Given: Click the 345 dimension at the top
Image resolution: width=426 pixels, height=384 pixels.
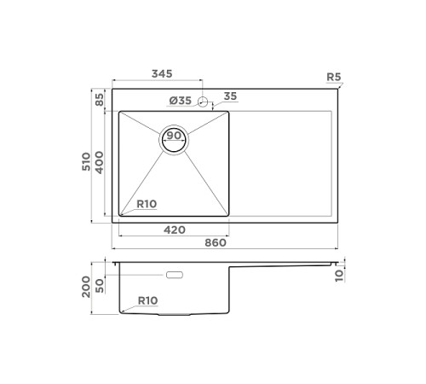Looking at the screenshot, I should click(162, 75).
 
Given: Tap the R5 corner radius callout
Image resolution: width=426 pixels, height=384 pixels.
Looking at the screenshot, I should click(334, 78).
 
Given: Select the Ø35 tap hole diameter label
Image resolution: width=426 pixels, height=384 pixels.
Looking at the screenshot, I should click(181, 102).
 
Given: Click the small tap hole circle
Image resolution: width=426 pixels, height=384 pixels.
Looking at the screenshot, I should click(203, 102).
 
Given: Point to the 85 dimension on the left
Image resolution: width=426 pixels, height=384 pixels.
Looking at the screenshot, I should click(100, 99).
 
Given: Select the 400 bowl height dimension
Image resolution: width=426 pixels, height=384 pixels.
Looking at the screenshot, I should click(100, 162).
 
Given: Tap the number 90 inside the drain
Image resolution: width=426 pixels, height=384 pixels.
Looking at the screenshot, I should click(173, 136).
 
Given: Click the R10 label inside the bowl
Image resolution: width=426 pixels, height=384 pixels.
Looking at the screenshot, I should click(147, 204).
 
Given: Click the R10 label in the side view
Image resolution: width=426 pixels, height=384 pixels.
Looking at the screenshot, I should click(147, 301).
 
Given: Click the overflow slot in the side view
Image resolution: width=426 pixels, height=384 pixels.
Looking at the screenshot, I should click(176, 275).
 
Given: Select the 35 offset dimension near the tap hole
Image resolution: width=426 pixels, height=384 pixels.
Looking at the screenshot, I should click(230, 96).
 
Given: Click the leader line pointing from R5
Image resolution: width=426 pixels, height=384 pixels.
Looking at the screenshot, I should click(337, 85).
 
